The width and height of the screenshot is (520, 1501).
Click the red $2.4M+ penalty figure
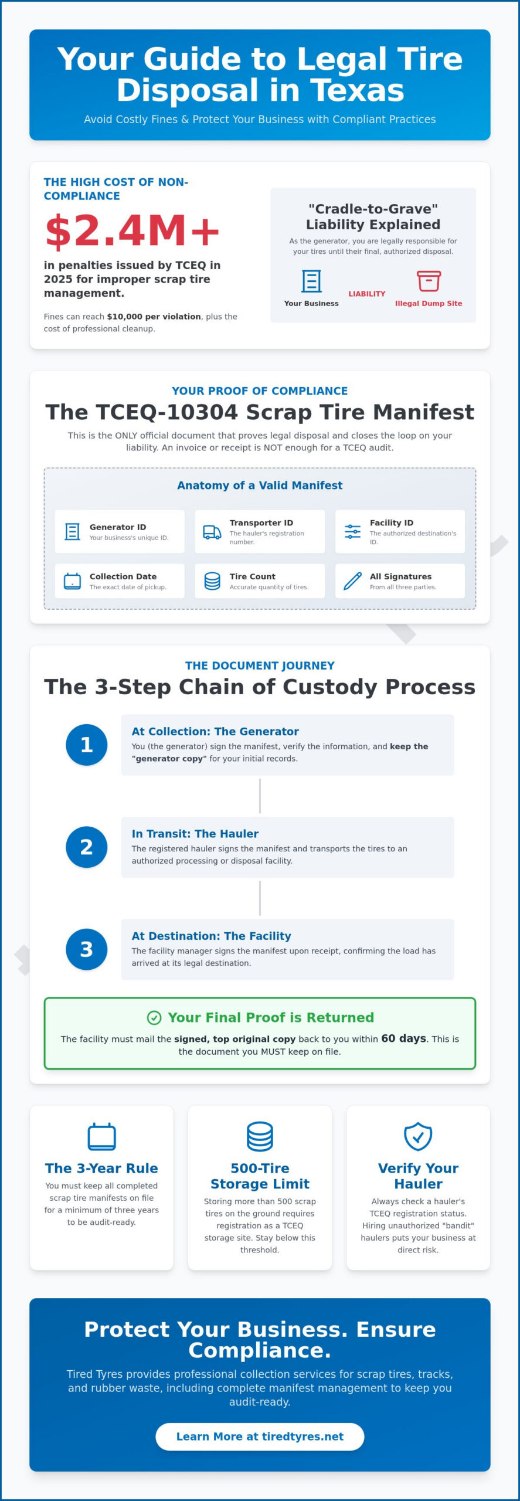tap(132, 230)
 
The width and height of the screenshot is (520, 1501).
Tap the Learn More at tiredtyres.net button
tap(260, 1436)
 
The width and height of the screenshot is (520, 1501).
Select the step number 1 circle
tap(87, 745)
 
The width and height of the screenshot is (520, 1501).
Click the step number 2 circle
tap(87, 847)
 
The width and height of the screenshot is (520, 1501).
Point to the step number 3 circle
tap(87, 949)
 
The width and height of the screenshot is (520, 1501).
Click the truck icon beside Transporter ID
tap(212, 532)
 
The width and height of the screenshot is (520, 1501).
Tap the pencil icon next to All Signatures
tap(352, 581)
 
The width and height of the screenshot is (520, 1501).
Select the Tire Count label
tap(252, 576)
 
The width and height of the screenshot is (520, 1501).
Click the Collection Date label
tap(123, 576)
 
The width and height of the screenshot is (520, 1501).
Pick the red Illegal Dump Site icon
tap(429, 281)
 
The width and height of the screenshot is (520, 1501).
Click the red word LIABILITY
tap(367, 294)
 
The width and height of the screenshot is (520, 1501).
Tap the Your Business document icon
tap(311, 281)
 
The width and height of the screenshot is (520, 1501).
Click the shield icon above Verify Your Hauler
tap(418, 1136)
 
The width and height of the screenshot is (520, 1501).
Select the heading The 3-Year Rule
tap(101, 1168)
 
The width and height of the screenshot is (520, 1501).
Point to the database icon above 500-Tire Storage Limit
tap(260, 1136)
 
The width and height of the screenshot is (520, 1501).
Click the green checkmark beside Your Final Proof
tap(154, 1017)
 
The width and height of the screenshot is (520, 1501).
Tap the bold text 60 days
tap(403, 1038)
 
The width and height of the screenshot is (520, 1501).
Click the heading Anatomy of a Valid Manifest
tap(260, 485)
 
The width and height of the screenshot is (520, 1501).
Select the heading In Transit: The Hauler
tap(195, 833)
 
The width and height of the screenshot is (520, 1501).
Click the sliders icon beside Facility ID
tap(352, 532)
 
